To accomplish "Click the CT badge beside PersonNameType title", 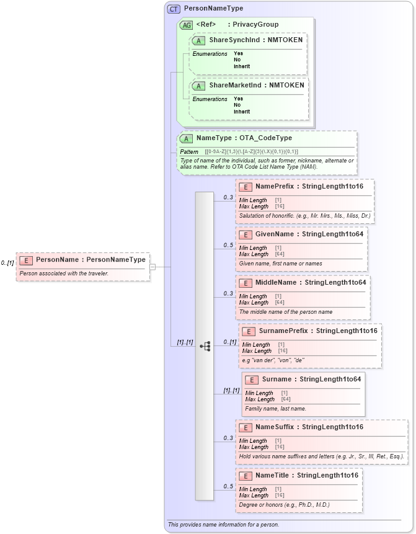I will (174, 9).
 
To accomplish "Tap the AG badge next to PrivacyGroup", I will (186, 25).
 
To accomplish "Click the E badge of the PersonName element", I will (26, 260).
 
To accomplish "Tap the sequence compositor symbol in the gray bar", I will (205, 346).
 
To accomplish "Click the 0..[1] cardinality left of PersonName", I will (7, 263).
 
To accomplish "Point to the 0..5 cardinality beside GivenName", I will (228, 246).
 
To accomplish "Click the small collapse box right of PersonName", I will (153, 267).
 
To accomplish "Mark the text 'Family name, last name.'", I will (275, 409).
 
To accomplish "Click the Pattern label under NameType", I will (189, 151).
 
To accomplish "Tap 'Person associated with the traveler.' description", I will (64, 274).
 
